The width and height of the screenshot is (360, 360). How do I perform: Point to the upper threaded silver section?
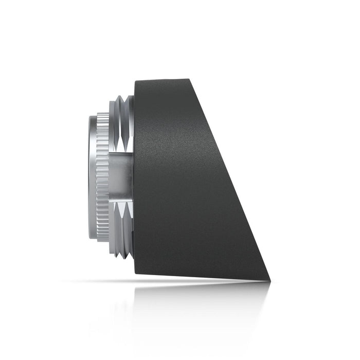(122, 123)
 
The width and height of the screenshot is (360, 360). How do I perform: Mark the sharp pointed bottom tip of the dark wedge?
(269, 280)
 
